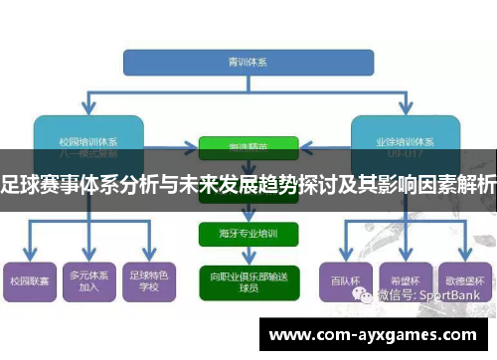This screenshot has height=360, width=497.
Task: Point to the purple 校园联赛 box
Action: pyautogui.click(x=29, y=282)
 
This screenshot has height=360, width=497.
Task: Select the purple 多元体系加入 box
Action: pyautogui.click(x=88, y=282)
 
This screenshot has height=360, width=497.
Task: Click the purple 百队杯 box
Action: pyautogui.click(x=342, y=281)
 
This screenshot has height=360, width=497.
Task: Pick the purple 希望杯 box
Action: pyautogui.click(x=402, y=281)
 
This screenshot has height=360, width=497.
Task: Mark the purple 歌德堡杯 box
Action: pyautogui.click(x=463, y=281)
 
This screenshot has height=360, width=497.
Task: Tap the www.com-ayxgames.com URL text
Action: pyautogui.click(x=373, y=334)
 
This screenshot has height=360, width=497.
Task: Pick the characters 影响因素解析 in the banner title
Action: pyautogui.click(x=437, y=184)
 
